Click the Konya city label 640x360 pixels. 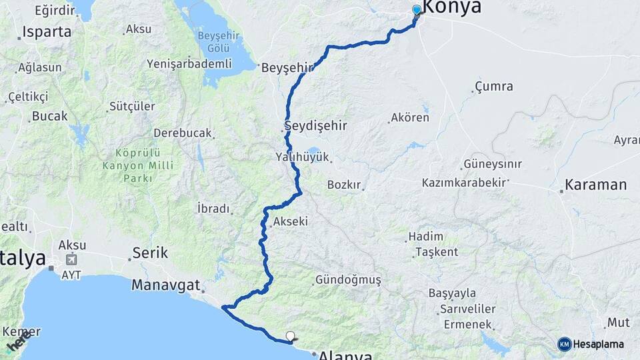(x=452, y=7)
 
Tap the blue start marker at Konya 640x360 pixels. (x=417, y=10)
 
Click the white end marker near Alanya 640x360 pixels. (x=289, y=336)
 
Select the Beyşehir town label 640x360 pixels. (x=287, y=68)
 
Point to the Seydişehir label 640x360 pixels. (x=316, y=125)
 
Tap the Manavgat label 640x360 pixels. (x=166, y=285)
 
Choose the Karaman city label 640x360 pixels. (x=596, y=185)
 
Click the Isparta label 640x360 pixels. (x=47, y=31)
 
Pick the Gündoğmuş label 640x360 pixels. (x=348, y=280)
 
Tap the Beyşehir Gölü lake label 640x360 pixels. (x=215, y=41)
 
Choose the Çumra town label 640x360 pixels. (x=494, y=87)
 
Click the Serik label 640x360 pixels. (x=150, y=253)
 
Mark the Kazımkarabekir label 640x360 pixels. (x=465, y=182)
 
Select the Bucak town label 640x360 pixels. (x=50, y=116)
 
